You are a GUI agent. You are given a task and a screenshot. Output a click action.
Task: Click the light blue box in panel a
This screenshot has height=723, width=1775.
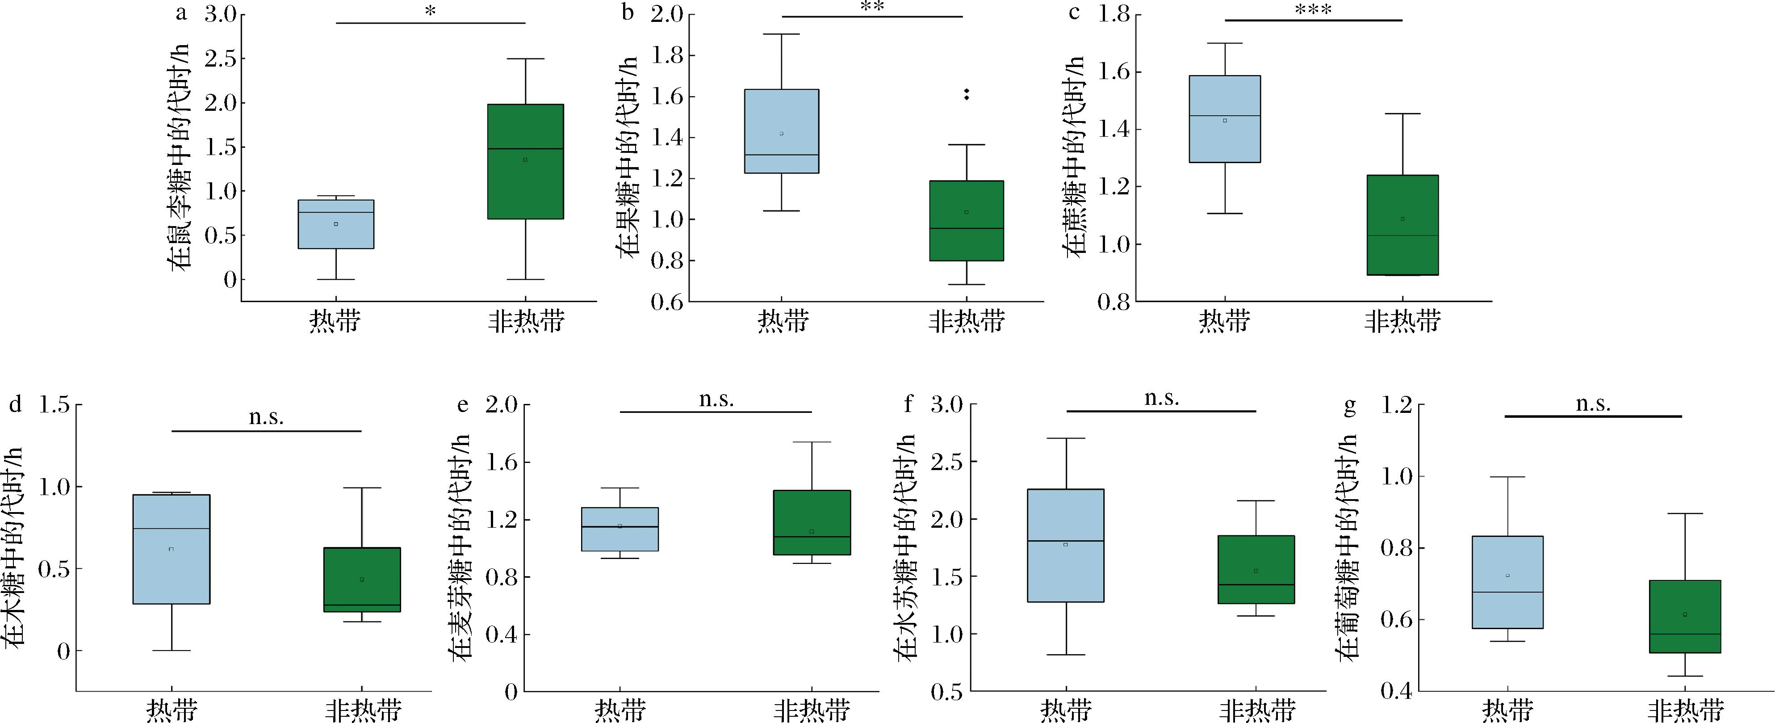pos(335,224)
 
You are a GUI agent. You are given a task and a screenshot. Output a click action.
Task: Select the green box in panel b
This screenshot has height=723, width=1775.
pos(966,221)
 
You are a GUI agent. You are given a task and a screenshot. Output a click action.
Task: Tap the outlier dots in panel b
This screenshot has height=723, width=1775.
pos(966,94)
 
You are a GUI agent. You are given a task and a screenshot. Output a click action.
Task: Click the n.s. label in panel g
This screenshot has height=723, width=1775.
pos(1593,403)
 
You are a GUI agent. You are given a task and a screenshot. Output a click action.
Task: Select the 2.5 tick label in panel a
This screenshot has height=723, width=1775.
pos(220,59)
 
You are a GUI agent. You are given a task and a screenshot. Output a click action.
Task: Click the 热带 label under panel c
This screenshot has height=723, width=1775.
pos(1224,320)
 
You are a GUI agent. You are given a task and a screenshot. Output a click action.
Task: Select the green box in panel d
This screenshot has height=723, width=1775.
pos(362,580)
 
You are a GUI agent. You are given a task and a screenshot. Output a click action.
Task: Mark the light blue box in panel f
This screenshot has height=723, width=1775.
pos(1065,545)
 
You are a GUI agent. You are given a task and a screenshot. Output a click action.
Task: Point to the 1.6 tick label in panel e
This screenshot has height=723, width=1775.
pos(502,462)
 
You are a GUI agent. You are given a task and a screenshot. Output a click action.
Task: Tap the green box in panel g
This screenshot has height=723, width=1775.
pos(1685,616)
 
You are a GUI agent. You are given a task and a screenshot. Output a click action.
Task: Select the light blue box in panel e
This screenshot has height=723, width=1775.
pos(620,529)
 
